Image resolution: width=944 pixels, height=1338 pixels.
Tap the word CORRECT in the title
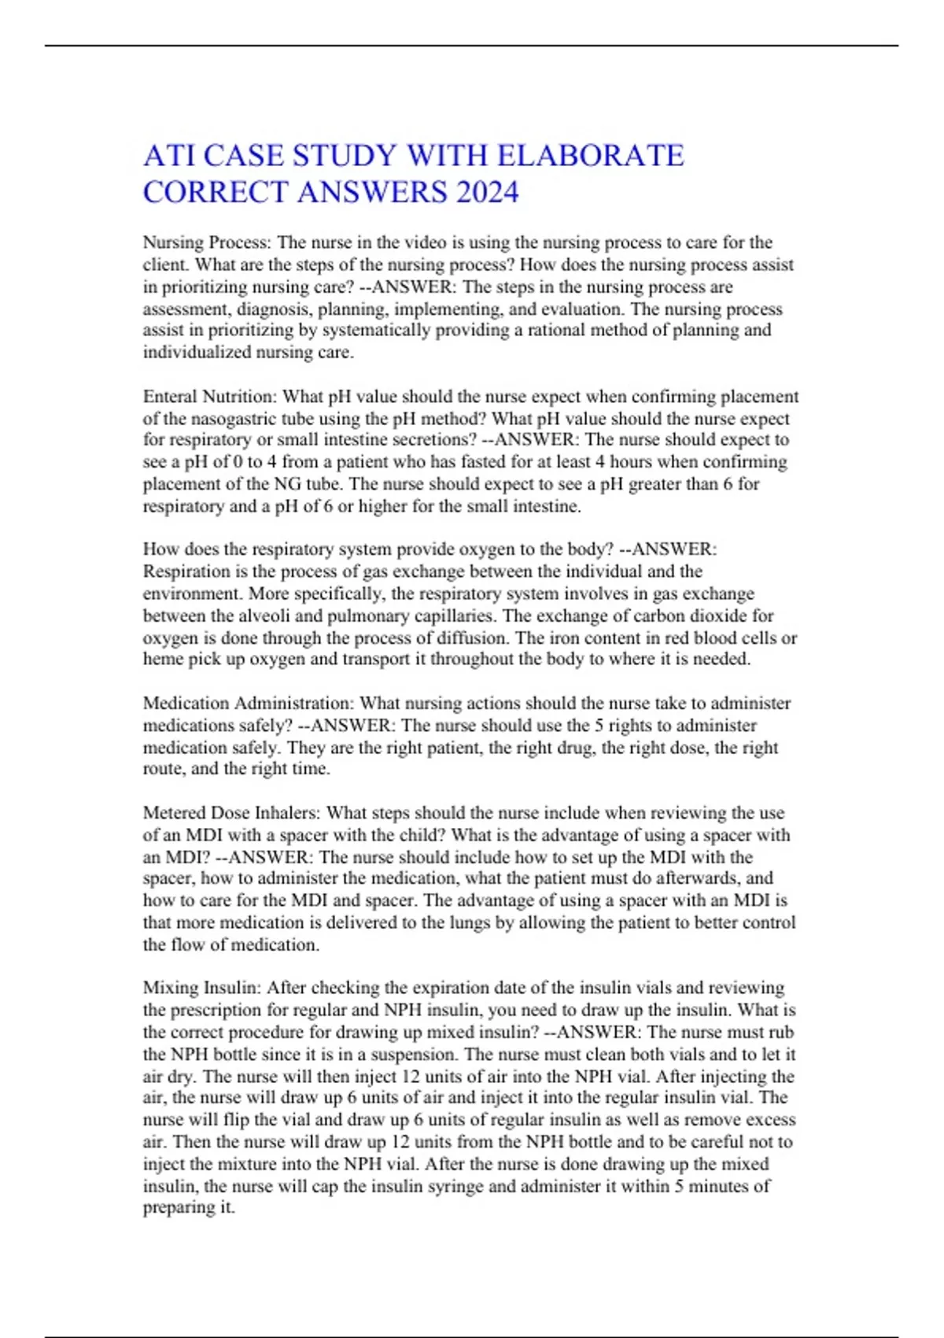[216, 192]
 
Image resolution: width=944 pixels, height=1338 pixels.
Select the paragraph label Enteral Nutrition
[208, 396]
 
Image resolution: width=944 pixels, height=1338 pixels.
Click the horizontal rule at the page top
[472, 46]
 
